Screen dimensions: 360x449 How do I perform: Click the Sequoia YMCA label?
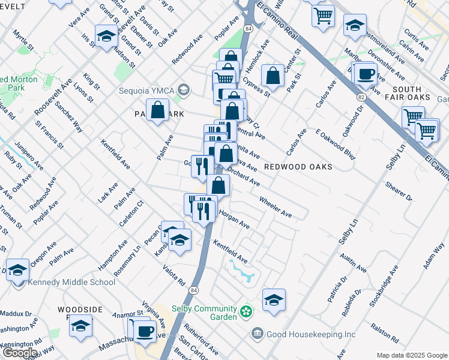pyautogui.click(x=146, y=91)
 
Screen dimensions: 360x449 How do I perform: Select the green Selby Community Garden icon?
pyautogui.click(x=246, y=311)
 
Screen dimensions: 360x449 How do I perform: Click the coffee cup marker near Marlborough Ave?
pyautogui.click(x=366, y=74)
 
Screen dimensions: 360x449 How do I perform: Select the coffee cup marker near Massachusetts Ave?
pyautogui.click(x=144, y=331)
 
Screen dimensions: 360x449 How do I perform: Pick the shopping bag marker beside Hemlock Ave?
pyautogui.click(x=273, y=76)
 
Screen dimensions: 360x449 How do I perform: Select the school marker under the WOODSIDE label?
pyautogui.click(x=80, y=327)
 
